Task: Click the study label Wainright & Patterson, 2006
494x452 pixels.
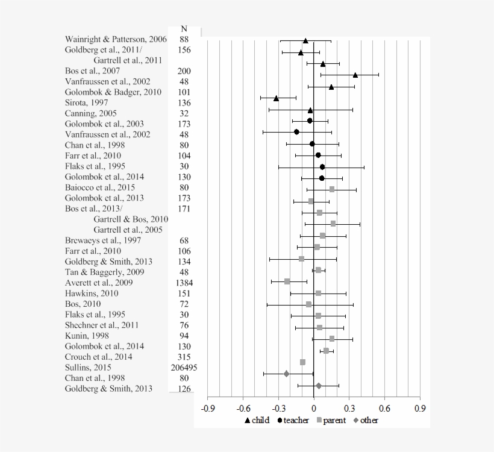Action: [x=116, y=39]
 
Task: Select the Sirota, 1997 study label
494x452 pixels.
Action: [x=88, y=102]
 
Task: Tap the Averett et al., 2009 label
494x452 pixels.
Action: [x=99, y=283]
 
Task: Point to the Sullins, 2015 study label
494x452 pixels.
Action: [x=88, y=367]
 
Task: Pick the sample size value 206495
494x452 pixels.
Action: [x=184, y=367]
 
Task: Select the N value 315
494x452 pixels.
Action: [x=184, y=357]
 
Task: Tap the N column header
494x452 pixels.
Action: [x=184, y=29]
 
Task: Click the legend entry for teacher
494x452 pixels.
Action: [x=293, y=420]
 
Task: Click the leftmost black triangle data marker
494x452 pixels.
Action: [x=276, y=98]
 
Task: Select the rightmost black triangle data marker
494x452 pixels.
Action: [x=355, y=75]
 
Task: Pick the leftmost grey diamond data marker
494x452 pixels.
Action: [x=286, y=374]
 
